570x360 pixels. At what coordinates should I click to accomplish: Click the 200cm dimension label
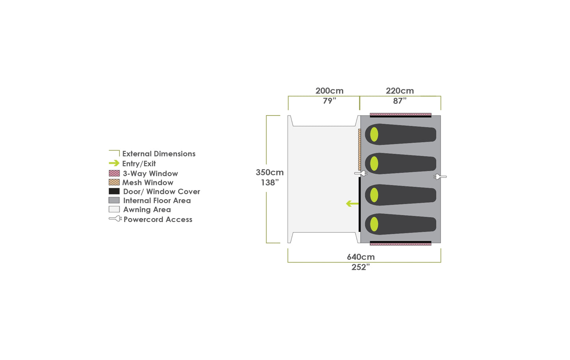coord(329,91)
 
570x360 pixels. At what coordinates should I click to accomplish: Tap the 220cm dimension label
coord(400,91)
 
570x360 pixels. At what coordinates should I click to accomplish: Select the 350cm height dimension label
coord(269,172)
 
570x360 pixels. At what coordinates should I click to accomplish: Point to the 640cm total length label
coord(361,257)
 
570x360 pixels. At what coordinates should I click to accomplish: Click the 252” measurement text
coord(361,267)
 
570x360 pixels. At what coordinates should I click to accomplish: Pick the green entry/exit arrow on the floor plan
coord(352,203)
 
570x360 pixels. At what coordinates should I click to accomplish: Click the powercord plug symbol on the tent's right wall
coord(440,177)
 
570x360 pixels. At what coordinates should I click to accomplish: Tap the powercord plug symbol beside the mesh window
coord(361,173)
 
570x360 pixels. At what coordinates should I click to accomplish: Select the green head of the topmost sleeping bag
coord(374,134)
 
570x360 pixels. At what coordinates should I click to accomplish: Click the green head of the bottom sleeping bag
coord(374,224)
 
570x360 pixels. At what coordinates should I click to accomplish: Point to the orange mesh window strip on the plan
coord(359,149)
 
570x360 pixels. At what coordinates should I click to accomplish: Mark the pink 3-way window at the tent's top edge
coord(400,114)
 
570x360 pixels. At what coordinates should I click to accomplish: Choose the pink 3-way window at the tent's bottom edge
coord(400,244)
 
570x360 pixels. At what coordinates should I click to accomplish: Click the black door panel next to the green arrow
coord(359,204)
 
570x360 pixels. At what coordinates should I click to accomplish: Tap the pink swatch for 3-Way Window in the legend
coord(114,173)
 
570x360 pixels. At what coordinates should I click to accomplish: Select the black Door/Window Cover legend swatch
coord(114,191)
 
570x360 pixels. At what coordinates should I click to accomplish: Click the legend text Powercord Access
coord(158,220)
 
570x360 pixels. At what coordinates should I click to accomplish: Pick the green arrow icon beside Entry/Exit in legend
coord(114,163)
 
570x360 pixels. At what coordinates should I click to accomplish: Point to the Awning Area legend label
coord(147,210)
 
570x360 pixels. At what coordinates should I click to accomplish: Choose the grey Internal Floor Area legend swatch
coord(114,200)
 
